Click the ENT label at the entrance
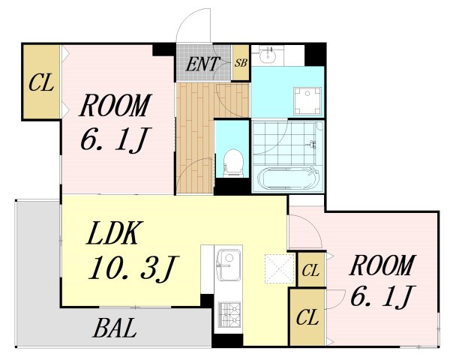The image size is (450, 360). (x=202, y=64)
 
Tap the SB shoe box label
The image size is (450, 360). (x=241, y=63)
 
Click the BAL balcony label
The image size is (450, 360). (x=115, y=328)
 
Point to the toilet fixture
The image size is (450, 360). (x=233, y=163)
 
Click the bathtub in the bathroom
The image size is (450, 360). (x=288, y=178)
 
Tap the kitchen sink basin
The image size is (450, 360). (x=229, y=265)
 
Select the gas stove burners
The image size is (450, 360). (x=229, y=314)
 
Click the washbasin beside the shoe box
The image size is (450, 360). (x=268, y=55)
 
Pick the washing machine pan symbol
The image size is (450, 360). (x=307, y=101)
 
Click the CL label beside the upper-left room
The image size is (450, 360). (x=41, y=82)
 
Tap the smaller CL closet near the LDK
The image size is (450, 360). (x=310, y=270)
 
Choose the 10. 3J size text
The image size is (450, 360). (x=133, y=268)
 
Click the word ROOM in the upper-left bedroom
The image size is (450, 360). (x=115, y=105)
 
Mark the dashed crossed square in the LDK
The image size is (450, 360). (x=279, y=269)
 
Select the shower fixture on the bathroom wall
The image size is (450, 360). (x=312, y=144)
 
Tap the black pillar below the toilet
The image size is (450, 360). (x=232, y=187)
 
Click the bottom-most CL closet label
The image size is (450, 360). (x=307, y=317)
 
